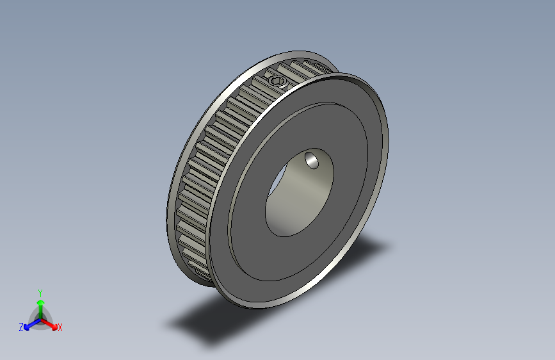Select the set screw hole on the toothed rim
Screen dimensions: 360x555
277,81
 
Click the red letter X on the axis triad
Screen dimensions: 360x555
60,327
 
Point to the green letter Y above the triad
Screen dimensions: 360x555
40,291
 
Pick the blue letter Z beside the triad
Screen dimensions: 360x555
21,327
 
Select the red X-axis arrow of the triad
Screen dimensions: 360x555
51,323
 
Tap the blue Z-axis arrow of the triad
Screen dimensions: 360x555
30,323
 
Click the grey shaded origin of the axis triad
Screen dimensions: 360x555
40,319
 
